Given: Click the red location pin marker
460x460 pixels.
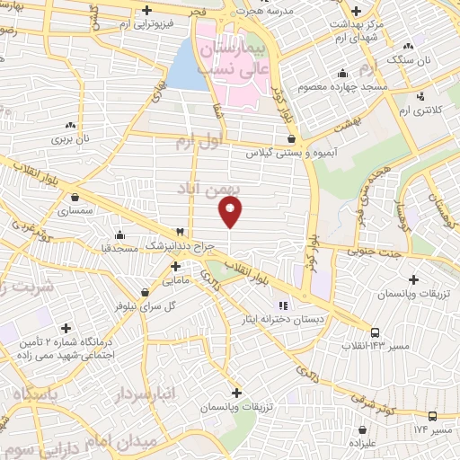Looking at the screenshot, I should pyautogui.click(x=231, y=210).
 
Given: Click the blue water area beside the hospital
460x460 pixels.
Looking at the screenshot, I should pyautogui.click(x=186, y=68).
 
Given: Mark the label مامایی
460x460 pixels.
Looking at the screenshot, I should pyautogui.click(x=176, y=281).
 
